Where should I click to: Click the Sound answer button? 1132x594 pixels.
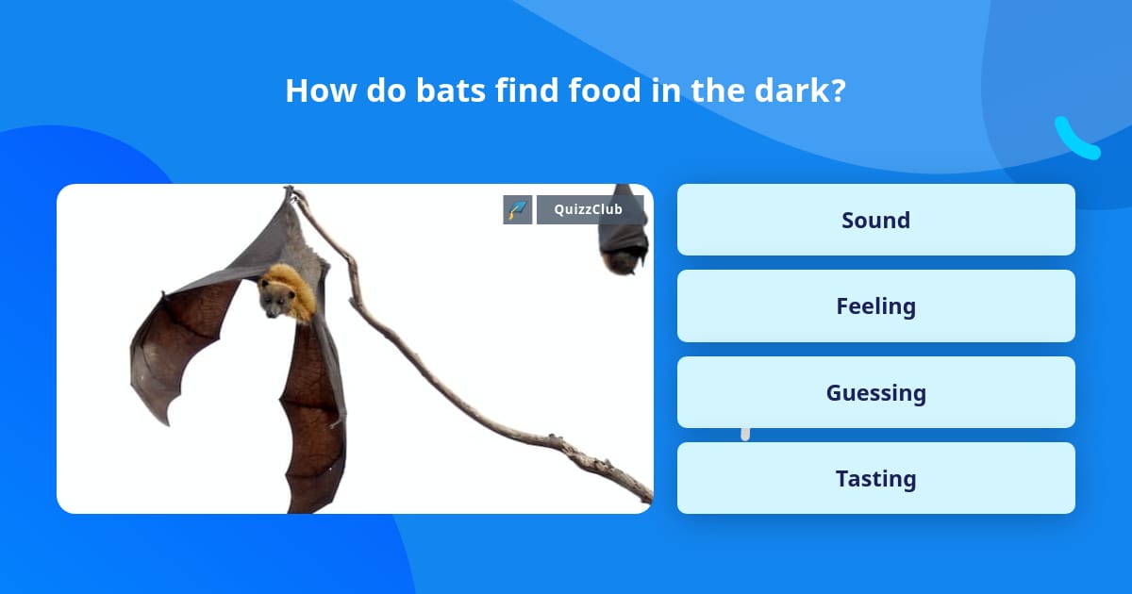(x=875, y=220)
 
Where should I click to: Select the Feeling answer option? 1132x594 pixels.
(x=875, y=306)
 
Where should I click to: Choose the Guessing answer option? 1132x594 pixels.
(x=875, y=392)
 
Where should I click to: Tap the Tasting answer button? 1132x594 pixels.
(x=875, y=479)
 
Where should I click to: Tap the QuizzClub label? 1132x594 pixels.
(x=589, y=209)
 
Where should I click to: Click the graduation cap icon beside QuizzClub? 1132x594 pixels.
(x=518, y=209)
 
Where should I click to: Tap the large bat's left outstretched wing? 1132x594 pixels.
(x=184, y=339)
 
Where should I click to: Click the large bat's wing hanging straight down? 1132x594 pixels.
(x=311, y=415)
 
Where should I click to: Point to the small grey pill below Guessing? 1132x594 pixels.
(x=745, y=434)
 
